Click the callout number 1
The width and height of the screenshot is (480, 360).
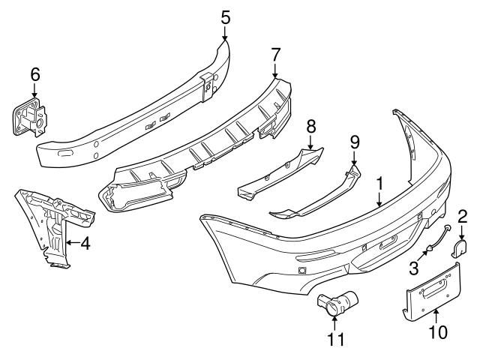[x=380, y=182]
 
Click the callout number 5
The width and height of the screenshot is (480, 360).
[x=226, y=14]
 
